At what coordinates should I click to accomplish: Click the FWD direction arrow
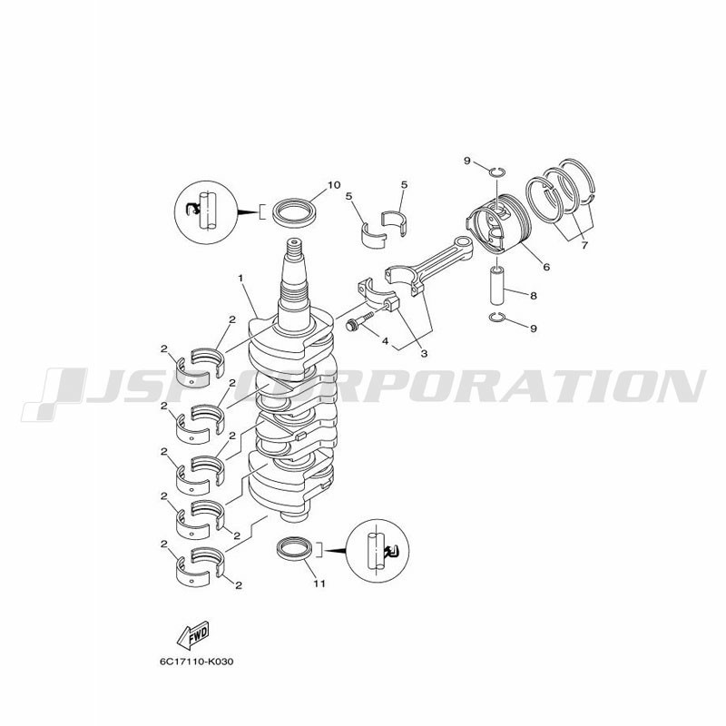click(x=193, y=634)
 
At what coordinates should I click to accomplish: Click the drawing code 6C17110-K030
click(x=197, y=662)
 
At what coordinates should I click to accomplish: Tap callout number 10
click(x=334, y=185)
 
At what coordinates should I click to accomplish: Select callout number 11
click(x=319, y=584)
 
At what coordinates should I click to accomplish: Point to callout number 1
click(x=240, y=278)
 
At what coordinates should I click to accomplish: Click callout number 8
click(x=534, y=296)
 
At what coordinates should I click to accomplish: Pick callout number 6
click(x=547, y=267)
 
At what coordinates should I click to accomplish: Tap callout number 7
click(x=584, y=245)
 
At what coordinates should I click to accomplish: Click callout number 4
click(x=385, y=341)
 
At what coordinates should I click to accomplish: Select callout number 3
click(x=424, y=354)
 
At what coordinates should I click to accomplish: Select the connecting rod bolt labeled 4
click(x=359, y=321)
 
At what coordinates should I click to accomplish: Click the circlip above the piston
click(x=496, y=172)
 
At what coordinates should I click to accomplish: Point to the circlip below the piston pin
click(x=496, y=317)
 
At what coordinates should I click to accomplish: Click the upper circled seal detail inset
click(x=206, y=212)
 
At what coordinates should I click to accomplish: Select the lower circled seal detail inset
click(x=378, y=551)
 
